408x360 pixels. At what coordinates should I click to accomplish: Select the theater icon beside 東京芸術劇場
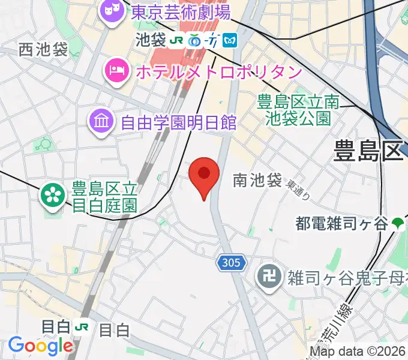[109, 10]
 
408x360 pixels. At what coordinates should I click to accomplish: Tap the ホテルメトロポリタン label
[219, 72]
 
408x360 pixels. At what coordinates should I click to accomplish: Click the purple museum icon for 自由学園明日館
[101, 122]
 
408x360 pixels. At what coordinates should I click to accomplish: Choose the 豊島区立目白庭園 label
[105, 197]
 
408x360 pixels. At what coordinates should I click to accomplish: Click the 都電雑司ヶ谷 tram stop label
[341, 224]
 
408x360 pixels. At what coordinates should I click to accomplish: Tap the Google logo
[40, 346]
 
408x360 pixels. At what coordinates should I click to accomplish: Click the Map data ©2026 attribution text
[358, 352]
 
